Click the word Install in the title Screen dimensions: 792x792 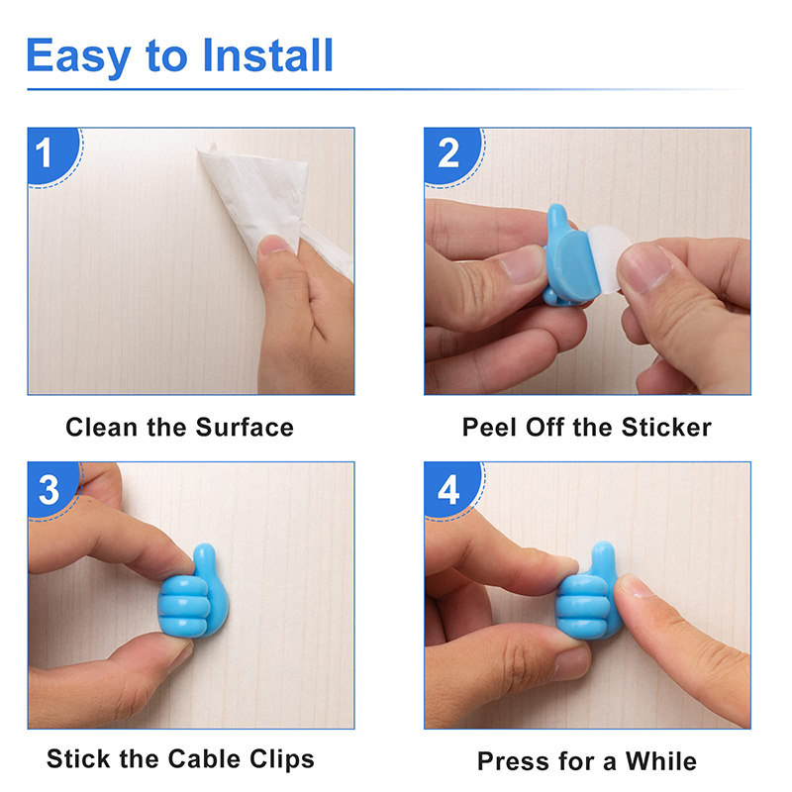pyautogui.click(x=268, y=56)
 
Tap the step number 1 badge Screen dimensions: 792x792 pyautogui.click(x=46, y=154)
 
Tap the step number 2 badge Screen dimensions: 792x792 pyautogui.click(x=448, y=154)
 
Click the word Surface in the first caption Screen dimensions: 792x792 pyautogui.click(x=245, y=428)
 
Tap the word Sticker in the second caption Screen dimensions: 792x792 pyautogui.click(x=666, y=428)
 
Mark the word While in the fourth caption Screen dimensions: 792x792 pyautogui.click(x=659, y=761)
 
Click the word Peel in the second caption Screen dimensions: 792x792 pyautogui.click(x=487, y=428)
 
